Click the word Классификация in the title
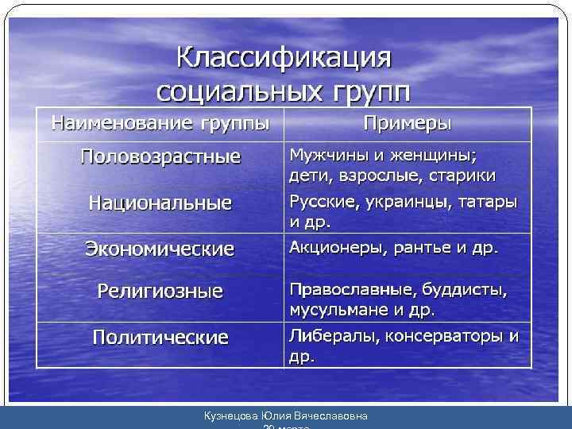coord(284,58)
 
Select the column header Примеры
coord(407,124)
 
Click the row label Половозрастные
coord(160,156)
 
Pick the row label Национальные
coord(160,203)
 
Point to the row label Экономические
coord(160,249)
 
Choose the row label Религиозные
coord(160,291)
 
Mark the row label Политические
coord(160,337)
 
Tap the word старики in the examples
coord(468,174)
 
